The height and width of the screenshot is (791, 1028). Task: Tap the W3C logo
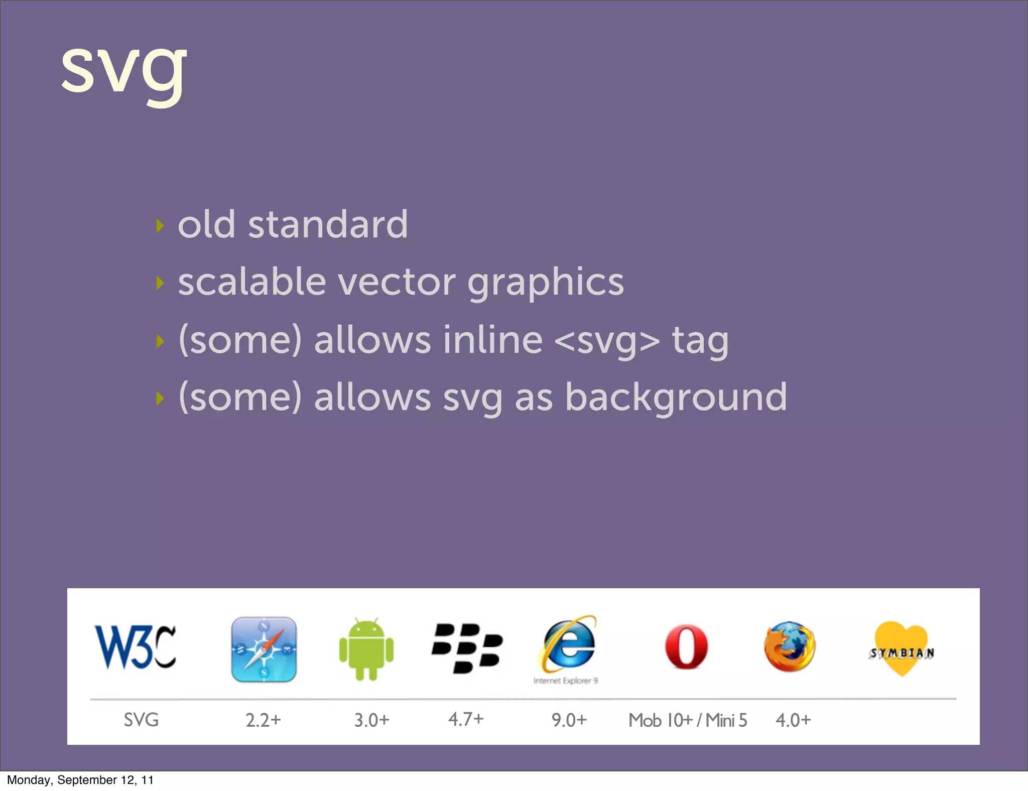click(x=136, y=647)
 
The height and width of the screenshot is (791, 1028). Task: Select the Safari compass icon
click(x=264, y=649)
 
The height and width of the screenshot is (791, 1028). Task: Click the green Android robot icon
click(x=366, y=649)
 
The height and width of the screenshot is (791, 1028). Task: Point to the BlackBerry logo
click(x=467, y=648)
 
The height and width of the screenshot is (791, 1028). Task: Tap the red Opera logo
click(x=686, y=647)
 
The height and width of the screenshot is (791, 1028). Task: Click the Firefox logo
click(x=790, y=647)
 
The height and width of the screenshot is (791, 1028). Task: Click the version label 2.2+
click(x=263, y=720)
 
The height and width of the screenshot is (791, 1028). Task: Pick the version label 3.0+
click(x=371, y=720)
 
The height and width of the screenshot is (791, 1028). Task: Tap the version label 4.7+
click(x=466, y=719)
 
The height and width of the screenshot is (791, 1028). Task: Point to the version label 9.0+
click(x=569, y=720)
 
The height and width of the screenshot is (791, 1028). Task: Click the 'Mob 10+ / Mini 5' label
click(x=688, y=720)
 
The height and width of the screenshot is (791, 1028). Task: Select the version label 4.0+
click(x=793, y=720)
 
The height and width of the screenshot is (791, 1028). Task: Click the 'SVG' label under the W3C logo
click(x=141, y=720)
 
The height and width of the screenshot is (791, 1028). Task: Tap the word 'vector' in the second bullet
click(x=397, y=282)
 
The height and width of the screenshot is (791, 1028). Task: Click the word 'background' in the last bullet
click(x=676, y=398)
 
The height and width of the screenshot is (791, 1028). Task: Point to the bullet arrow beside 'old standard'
click(x=160, y=226)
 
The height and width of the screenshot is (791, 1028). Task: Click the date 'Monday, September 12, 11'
click(x=80, y=780)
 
